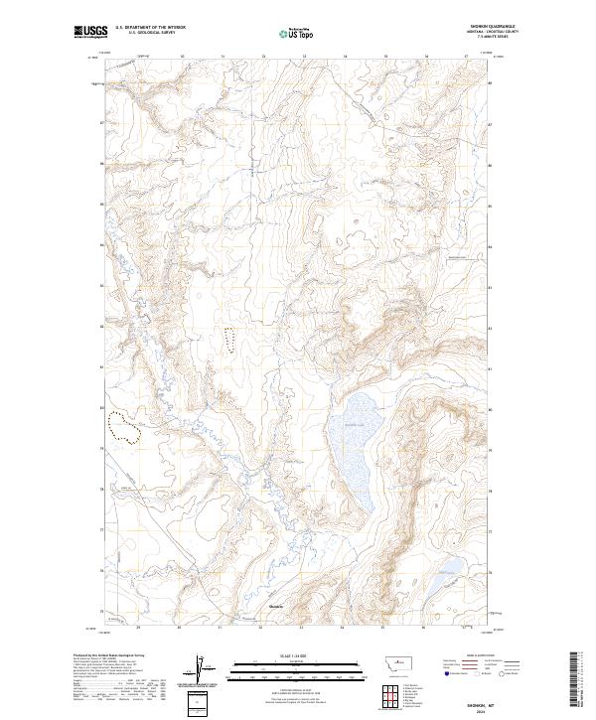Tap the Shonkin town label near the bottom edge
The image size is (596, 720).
tap(276, 607)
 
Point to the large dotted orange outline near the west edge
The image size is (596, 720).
tap(125, 427)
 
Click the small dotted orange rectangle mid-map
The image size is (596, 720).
tap(230, 341)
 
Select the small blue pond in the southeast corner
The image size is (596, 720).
tap(448, 567)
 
